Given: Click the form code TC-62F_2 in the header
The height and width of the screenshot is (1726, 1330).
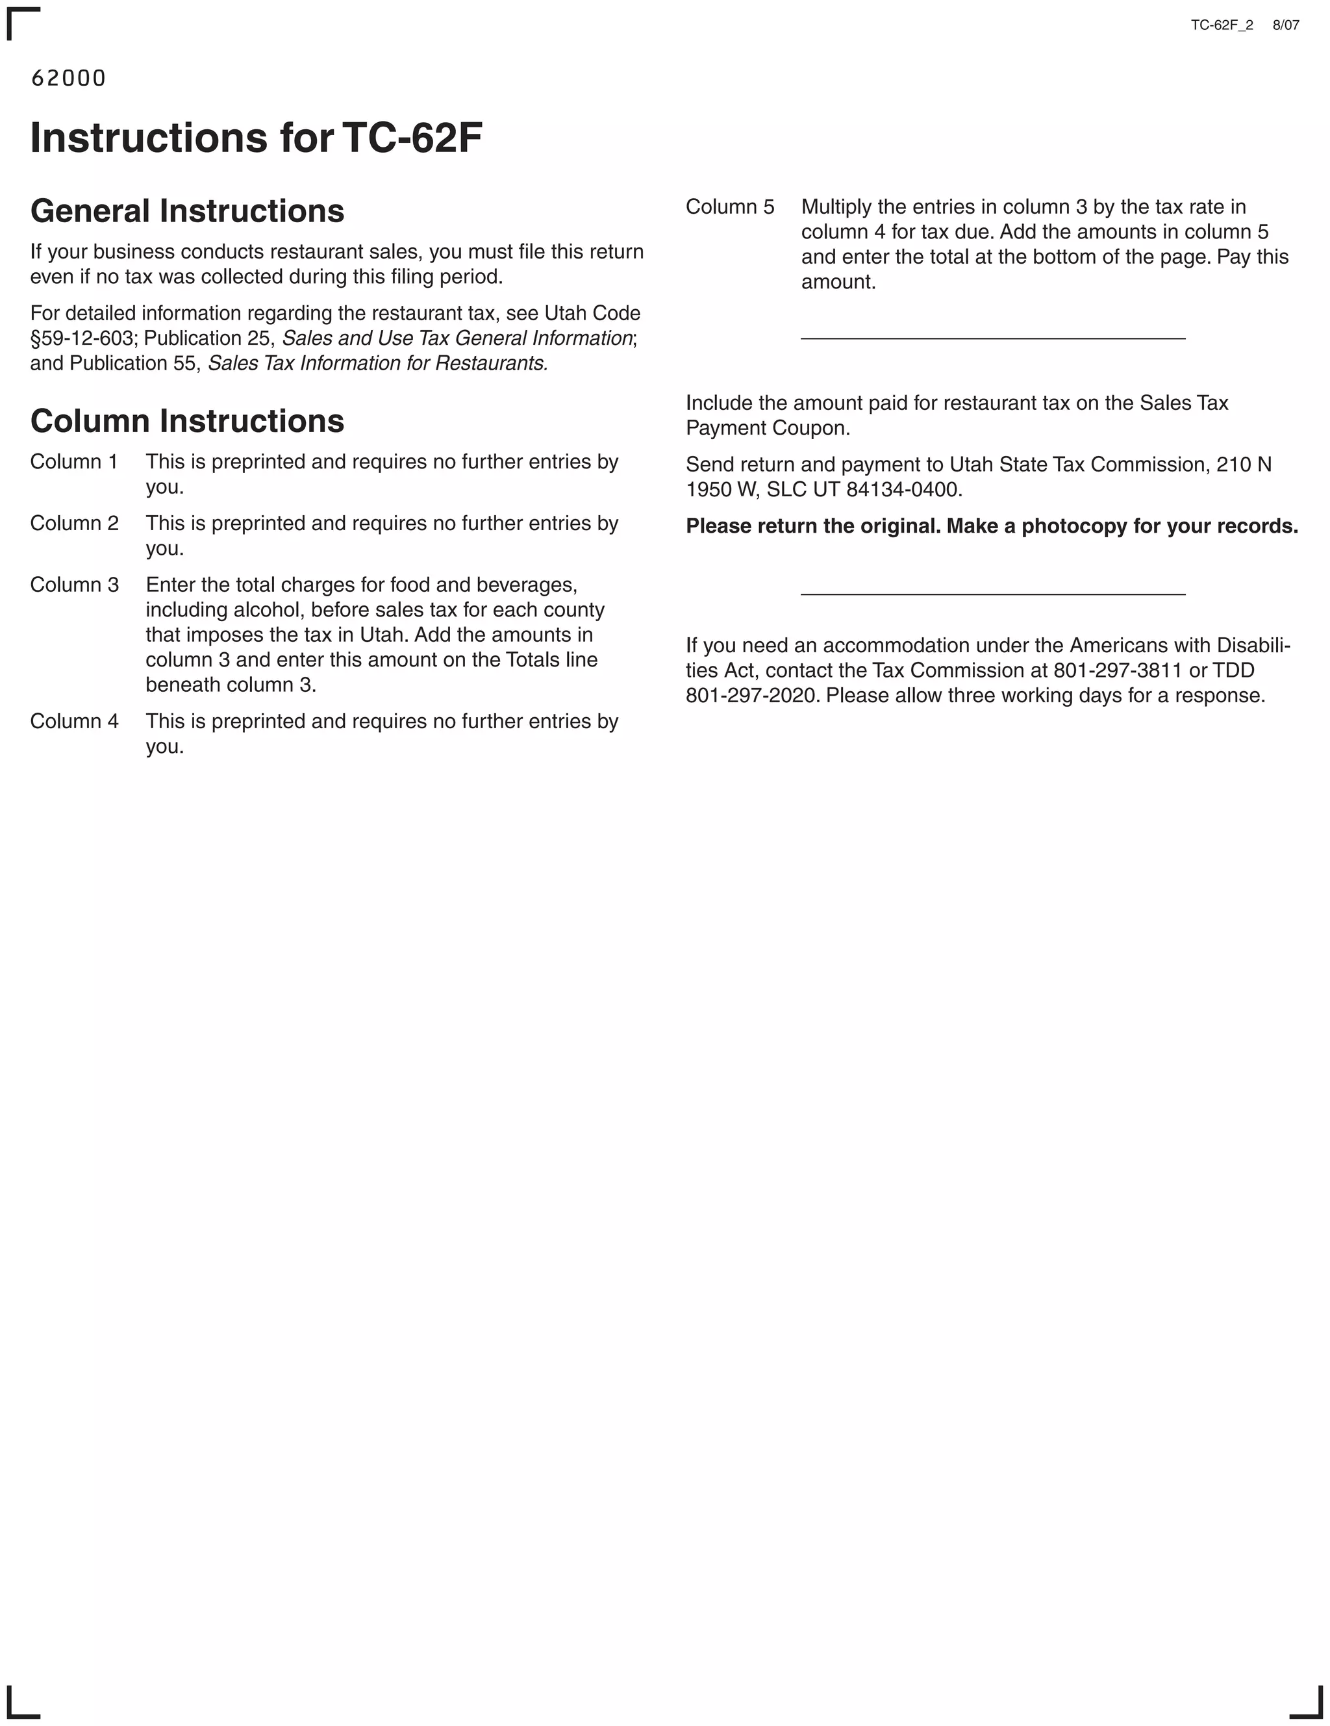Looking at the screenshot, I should point(1221,25).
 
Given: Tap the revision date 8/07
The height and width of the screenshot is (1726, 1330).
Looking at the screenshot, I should point(1285,25).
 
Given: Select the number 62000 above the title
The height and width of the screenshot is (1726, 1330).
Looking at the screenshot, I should point(68,78).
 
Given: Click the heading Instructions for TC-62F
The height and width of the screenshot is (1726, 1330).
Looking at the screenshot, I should point(256,138).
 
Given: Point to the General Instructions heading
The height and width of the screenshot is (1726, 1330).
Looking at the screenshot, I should point(187,211).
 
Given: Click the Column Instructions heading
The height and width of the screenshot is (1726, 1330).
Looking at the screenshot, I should point(187,421).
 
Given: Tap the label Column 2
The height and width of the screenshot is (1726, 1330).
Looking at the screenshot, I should point(74,523).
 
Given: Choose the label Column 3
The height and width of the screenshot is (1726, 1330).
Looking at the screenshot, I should point(74,585).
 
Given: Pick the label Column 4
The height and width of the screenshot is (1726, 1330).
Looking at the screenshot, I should point(74,722).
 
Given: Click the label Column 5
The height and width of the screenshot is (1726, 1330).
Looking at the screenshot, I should point(729,207).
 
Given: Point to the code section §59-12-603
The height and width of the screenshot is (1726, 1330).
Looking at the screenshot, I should point(81,338).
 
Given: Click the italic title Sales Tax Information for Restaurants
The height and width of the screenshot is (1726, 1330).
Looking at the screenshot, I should point(378,364).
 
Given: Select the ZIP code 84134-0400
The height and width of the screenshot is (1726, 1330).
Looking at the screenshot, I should point(903,490).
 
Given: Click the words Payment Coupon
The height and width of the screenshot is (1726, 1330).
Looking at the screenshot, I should point(768,428).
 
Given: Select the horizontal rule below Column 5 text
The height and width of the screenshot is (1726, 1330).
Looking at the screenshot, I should point(992,338).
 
